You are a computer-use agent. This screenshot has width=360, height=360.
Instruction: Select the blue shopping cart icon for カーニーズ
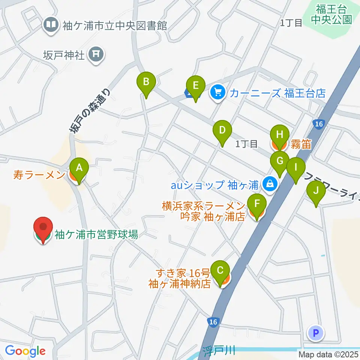click(217, 92)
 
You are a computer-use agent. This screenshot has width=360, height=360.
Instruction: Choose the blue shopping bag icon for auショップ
click(269, 184)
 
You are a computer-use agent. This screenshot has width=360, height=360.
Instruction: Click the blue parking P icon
click(316, 332)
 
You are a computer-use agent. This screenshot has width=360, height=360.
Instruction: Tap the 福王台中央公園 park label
click(334, 13)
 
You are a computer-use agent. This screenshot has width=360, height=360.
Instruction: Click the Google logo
click(25, 351)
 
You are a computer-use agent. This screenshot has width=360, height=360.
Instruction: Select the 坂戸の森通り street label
click(90, 110)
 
